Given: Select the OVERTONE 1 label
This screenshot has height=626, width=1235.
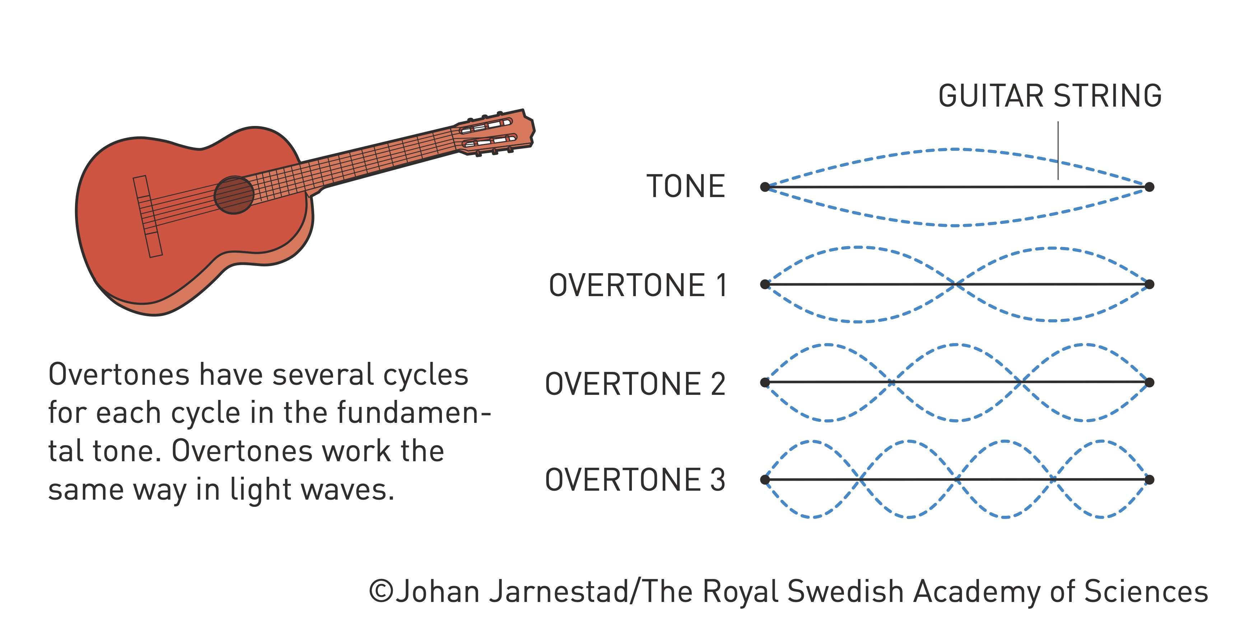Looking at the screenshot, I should coord(638,285).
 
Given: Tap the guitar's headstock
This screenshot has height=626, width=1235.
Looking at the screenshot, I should coord(494,133).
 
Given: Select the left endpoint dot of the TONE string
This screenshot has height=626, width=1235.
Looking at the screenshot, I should coord(765,187).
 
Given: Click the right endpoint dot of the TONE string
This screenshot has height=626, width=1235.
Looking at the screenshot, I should coord(1149,187).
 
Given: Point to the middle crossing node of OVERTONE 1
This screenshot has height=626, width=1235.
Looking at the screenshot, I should coord(957,284).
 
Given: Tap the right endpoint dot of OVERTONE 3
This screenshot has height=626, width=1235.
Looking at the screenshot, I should coord(1149,479).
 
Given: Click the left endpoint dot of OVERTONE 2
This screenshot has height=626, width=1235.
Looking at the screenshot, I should coord(765,382).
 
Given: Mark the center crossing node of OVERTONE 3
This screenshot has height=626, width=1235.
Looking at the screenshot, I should coord(957,479).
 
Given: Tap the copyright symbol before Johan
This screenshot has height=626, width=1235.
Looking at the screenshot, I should coord(381,592).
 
